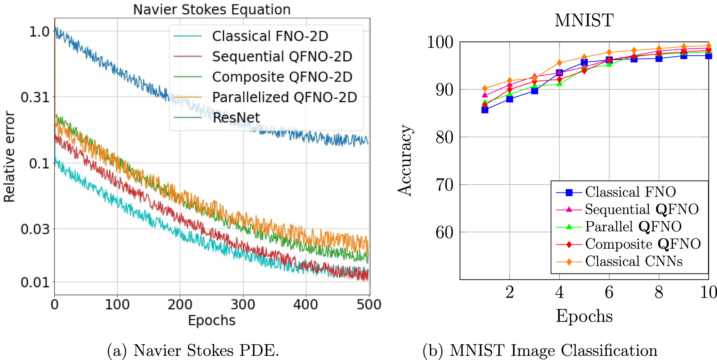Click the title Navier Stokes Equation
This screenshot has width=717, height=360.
[212, 9]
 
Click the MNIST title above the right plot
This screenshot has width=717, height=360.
[584, 20]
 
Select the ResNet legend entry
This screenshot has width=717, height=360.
[236, 118]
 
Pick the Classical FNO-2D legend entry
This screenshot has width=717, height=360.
[270, 36]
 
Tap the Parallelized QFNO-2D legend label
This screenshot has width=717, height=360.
[284, 97]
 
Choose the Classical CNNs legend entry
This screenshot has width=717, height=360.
[633, 261]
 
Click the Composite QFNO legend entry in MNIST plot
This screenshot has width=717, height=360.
[643, 244]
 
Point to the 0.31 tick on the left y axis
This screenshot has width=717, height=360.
[35, 97]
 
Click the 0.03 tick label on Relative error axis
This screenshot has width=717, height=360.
[35, 229]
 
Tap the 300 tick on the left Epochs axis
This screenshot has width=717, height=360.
[243, 305]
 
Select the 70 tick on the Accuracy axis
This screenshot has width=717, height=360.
[444, 185]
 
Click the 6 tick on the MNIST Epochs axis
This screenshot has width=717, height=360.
[609, 292]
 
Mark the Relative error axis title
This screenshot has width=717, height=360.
[9, 157]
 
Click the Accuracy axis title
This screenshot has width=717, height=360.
[405, 160]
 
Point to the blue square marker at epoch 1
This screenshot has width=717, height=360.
[485, 110]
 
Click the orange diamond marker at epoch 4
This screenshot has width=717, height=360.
[559, 63]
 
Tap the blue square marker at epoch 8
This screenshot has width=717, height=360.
[659, 58]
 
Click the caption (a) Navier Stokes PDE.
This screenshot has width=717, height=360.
[193, 350]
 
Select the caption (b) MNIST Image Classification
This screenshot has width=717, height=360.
[540, 350]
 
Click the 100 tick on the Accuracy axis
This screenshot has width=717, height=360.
[440, 42]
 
